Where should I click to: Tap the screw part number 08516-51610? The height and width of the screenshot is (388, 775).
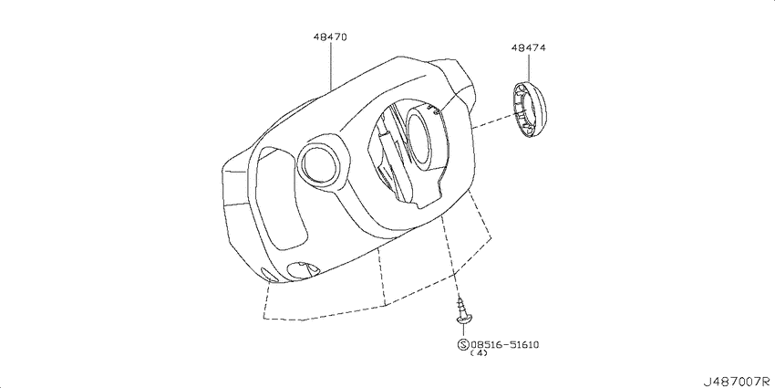[x=508, y=344]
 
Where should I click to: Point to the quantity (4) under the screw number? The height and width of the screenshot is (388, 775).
[x=478, y=354]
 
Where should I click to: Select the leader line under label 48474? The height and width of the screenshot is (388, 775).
[x=528, y=68]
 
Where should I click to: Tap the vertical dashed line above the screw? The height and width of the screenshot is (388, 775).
[x=450, y=260]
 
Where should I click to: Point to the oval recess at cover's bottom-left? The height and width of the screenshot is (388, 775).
[x=300, y=268]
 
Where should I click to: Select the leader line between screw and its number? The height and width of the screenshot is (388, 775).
[x=464, y=330]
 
